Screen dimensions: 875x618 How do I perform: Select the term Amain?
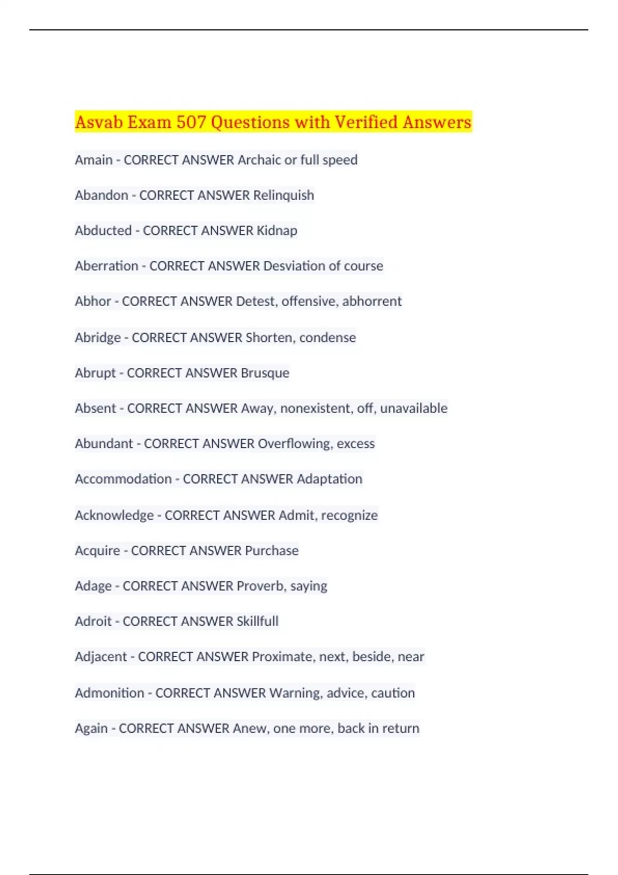[93, 160]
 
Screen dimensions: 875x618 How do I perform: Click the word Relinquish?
[283, 196]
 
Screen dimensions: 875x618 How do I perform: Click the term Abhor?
[93, 301]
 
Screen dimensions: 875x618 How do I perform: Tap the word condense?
[328, 338]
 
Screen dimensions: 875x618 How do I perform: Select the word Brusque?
[265, 373]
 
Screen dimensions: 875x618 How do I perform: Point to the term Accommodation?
[123, 479]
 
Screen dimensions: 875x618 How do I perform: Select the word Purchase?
[271, 551]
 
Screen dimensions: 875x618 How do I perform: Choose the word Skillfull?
[257, 621]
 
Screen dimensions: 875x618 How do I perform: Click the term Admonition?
[109, 693]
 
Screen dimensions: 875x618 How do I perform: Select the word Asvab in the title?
[99, 122]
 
